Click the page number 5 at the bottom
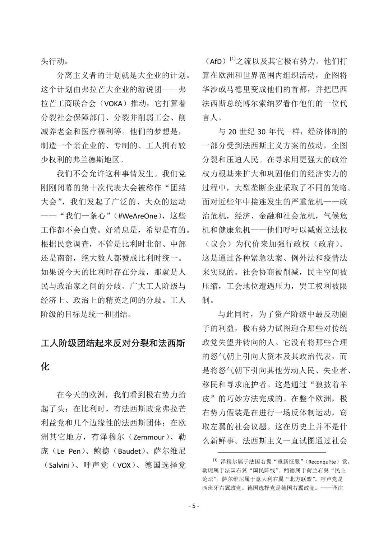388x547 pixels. tap(194, 506)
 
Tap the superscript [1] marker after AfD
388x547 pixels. tap(232, 59)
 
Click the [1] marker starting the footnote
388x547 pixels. tap(215, 460)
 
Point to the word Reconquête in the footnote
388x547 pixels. tap(324, 461)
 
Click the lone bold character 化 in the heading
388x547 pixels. tap(45, 367)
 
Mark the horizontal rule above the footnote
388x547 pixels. tap(272, 452)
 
